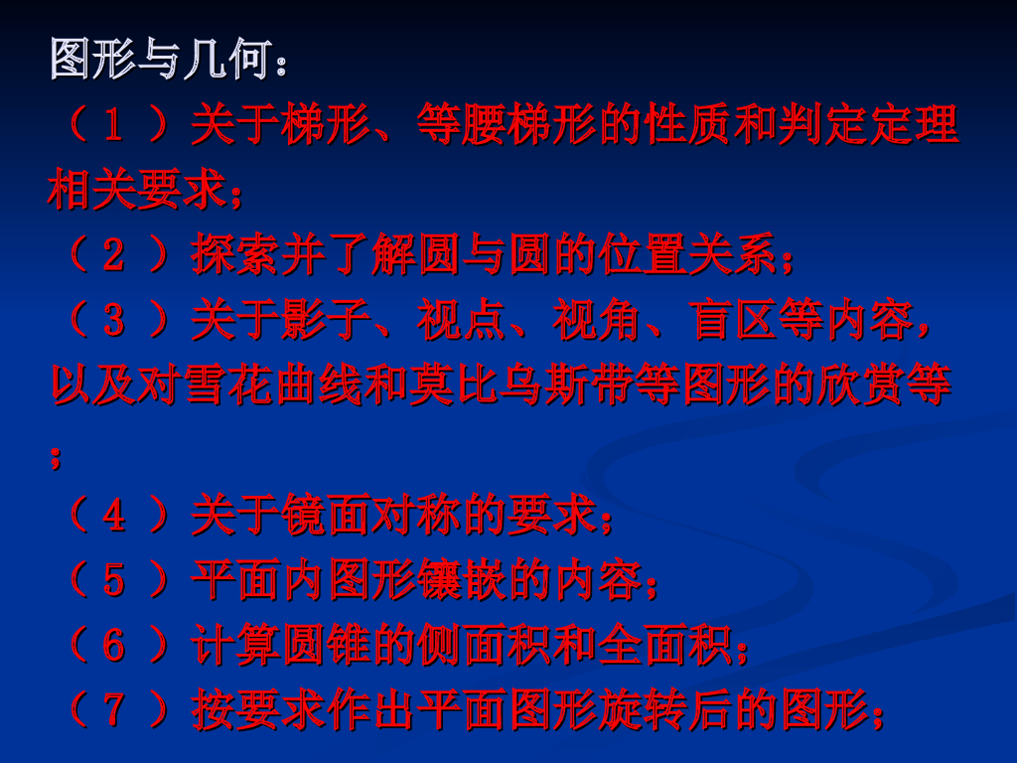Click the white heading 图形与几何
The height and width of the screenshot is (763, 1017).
[159, 62]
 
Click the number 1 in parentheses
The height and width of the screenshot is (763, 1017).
[114, 126]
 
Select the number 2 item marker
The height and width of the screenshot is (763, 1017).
[114, 256]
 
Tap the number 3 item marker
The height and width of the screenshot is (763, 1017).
[114, 320]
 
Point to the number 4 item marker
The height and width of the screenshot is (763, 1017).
[114, 515]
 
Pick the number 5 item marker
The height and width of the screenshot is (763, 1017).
[114, 580]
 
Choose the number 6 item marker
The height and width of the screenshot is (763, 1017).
[114, 646]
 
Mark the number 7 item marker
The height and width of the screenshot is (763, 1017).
[114, 710]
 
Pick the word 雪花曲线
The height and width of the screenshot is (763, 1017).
[248, 385]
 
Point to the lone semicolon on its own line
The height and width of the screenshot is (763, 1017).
[56, 456]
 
